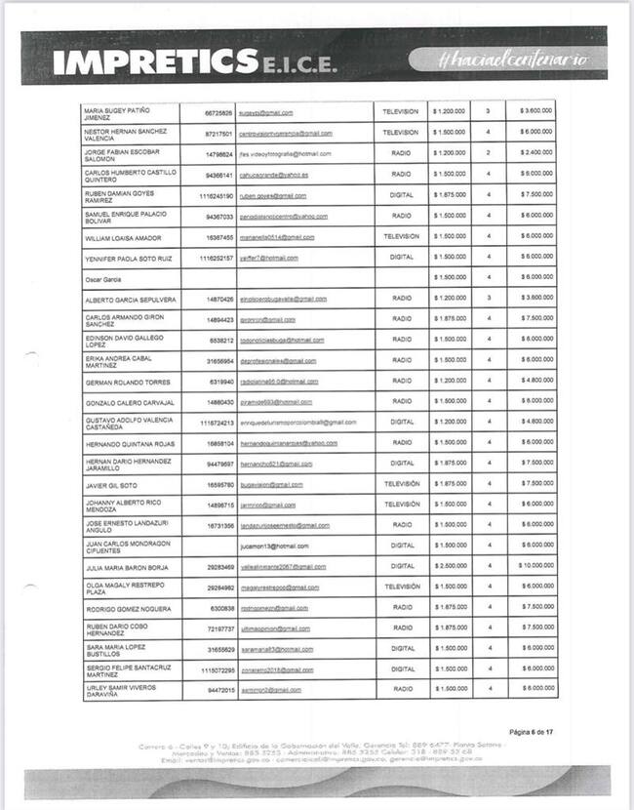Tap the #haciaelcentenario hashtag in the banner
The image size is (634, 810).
tap(514, 59)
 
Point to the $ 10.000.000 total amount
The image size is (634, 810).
tap(535, 566)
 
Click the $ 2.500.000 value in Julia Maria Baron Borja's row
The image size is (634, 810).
tap(450, 566)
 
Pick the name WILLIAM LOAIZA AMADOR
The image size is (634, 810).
tap(123, 237)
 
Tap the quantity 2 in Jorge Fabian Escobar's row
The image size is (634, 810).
tap(488, 153)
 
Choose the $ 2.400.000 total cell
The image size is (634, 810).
tap(535, 153)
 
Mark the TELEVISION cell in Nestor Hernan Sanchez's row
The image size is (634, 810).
tap(400, 133)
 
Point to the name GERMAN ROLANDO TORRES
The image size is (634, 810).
tap(128, 382)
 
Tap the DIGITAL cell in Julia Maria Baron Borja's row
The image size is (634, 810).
tap(401, 566)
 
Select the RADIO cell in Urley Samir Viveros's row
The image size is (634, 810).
tap(401, 689)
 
